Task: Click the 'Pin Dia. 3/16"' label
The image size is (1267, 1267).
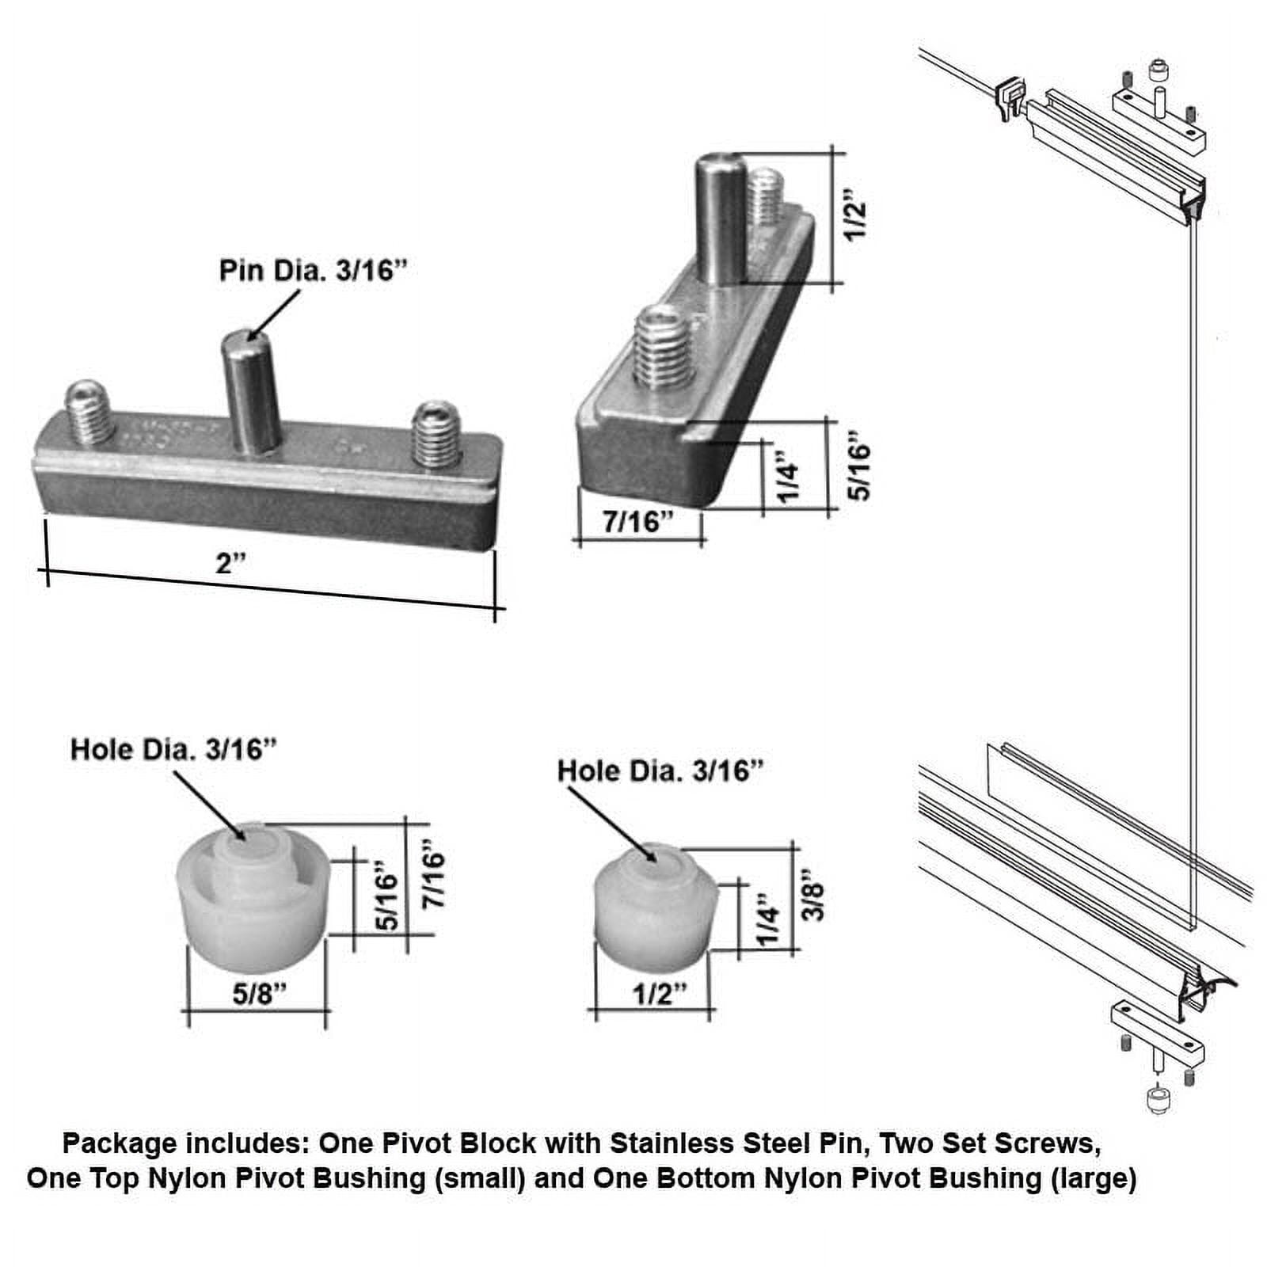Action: tap(312, 271)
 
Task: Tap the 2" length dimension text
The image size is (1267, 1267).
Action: tap(230, 563)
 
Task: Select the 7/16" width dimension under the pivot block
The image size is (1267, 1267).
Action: tap(637, 522)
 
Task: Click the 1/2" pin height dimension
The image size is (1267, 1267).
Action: tap(855, 215)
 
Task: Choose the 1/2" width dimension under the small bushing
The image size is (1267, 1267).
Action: tap(660, 994)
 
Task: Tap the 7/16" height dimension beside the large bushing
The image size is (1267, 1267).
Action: tap(433, 880)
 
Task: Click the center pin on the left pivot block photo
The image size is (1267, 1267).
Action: tap(251, 392)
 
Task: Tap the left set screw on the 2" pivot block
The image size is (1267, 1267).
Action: tap(89, 413)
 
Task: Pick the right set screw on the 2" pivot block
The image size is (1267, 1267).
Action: tap(436, 433)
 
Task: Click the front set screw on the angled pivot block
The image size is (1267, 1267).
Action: tap(664, 348)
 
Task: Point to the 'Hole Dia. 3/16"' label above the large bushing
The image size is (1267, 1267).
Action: tap(173, 749)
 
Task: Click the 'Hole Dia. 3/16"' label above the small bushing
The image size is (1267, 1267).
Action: tap(660, 770)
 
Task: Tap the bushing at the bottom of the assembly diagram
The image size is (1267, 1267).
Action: tap(1157, 1100)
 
